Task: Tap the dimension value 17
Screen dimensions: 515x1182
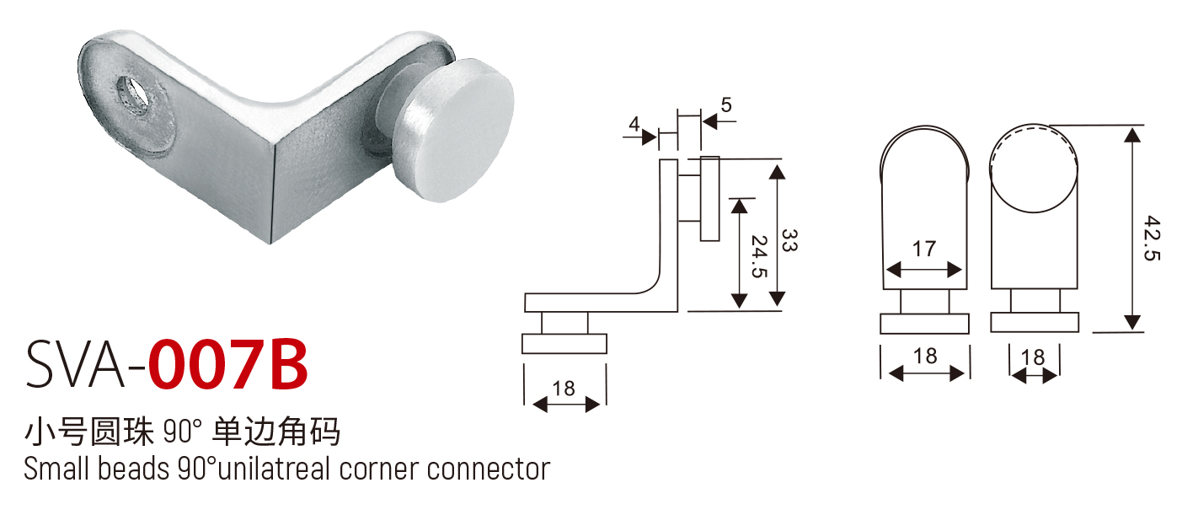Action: tap(924, 249)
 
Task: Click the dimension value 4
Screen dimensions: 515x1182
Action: tap(633, 122)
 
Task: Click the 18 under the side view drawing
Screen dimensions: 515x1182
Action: tap(564, 389)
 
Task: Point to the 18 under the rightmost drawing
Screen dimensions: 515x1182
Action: tap(1032, 357)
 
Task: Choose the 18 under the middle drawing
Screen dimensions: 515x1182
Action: tap(924, 356)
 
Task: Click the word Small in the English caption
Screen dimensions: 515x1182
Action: tap(56, 468)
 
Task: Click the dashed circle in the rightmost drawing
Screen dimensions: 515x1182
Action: tap(1034, 164)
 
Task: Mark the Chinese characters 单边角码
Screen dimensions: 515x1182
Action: tap(278, 432)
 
